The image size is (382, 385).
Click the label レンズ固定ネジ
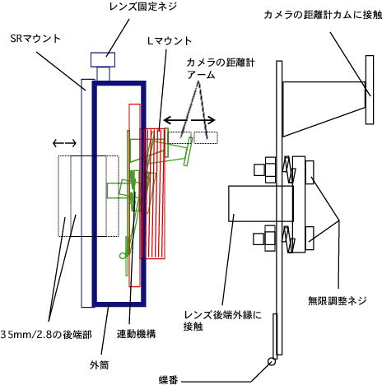click(143, 7)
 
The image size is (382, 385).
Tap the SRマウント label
click(35, 39)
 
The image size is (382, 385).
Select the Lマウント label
click(170, 41)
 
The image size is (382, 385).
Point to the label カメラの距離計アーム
click(221, 68)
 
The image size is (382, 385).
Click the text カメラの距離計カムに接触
click(323, 15)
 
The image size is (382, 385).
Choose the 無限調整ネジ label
click(338, 301)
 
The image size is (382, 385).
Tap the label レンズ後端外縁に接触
click(222, 320)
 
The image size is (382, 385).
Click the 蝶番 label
click(168, 380)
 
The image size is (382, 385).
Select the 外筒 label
click(99, 365)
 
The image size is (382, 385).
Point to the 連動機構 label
click(136, 334)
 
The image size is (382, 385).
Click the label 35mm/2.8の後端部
click(46, 335)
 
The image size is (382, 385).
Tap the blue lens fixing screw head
click(103, 59)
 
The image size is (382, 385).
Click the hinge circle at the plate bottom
click(272, 361)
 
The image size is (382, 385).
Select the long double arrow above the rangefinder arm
click(189, 120)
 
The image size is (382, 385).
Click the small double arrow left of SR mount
click(64, 143)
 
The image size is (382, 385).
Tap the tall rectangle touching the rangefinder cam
click(370, 90)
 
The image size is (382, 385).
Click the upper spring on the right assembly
click(289, 169)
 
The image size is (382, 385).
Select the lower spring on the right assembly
click(289, 239)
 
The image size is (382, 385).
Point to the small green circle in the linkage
click(123, 256)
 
